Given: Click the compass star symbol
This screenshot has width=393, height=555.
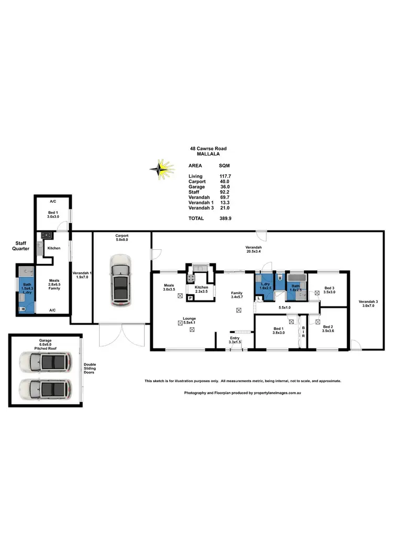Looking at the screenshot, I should tap(162, 169).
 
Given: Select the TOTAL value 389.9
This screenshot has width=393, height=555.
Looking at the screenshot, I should tap(226, 218).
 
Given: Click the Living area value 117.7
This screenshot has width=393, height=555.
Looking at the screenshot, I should tap(225, 176).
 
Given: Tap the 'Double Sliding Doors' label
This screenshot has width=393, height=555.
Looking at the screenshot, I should tap(90, 372).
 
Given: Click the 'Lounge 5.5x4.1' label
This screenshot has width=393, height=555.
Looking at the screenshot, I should tap(189, 320).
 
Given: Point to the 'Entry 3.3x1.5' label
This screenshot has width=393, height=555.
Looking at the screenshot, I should tap(235, 340).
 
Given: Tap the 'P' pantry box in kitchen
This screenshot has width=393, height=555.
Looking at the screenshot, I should tap(190, 297).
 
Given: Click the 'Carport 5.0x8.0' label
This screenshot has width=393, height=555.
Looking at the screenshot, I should tap(122, 238).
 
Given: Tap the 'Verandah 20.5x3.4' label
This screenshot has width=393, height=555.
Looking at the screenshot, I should tap(254, 250).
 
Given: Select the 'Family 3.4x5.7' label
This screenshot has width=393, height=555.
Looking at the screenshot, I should tap(238, 296).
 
